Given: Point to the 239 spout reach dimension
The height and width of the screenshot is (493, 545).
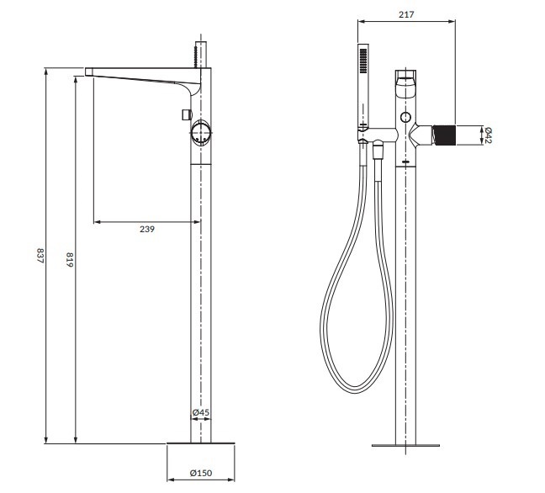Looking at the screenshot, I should [x=146, y=229].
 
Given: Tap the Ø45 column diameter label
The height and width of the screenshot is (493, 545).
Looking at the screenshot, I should [x=200, y=413].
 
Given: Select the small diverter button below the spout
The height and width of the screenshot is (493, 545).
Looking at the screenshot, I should [x=184, y=113].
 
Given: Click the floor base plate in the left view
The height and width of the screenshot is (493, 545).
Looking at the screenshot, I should [x=202, y=443].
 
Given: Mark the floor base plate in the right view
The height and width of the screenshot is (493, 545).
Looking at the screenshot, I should [x=407, y=443].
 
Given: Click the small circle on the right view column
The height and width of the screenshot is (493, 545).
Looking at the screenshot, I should [x=406, y=116].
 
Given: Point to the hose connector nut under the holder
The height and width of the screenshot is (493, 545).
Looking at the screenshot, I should [x=378, y=151].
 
